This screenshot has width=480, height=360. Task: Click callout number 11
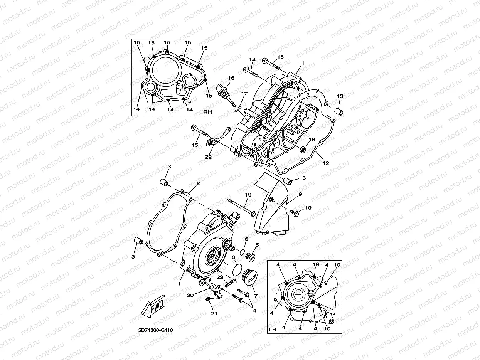tap(301, 63)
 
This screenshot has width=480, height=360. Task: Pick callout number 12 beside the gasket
tap(326, 163)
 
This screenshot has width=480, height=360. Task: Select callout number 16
tap(231, 78)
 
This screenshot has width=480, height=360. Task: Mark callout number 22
tap(208, 157)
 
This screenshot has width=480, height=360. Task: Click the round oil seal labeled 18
tap(303, 149)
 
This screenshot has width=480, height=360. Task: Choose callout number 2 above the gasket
tap(198, 183)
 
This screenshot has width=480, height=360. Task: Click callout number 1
tap(179, 283)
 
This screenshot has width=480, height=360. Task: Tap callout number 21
tap(214, 313)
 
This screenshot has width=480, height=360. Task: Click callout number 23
tap(219, 277)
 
